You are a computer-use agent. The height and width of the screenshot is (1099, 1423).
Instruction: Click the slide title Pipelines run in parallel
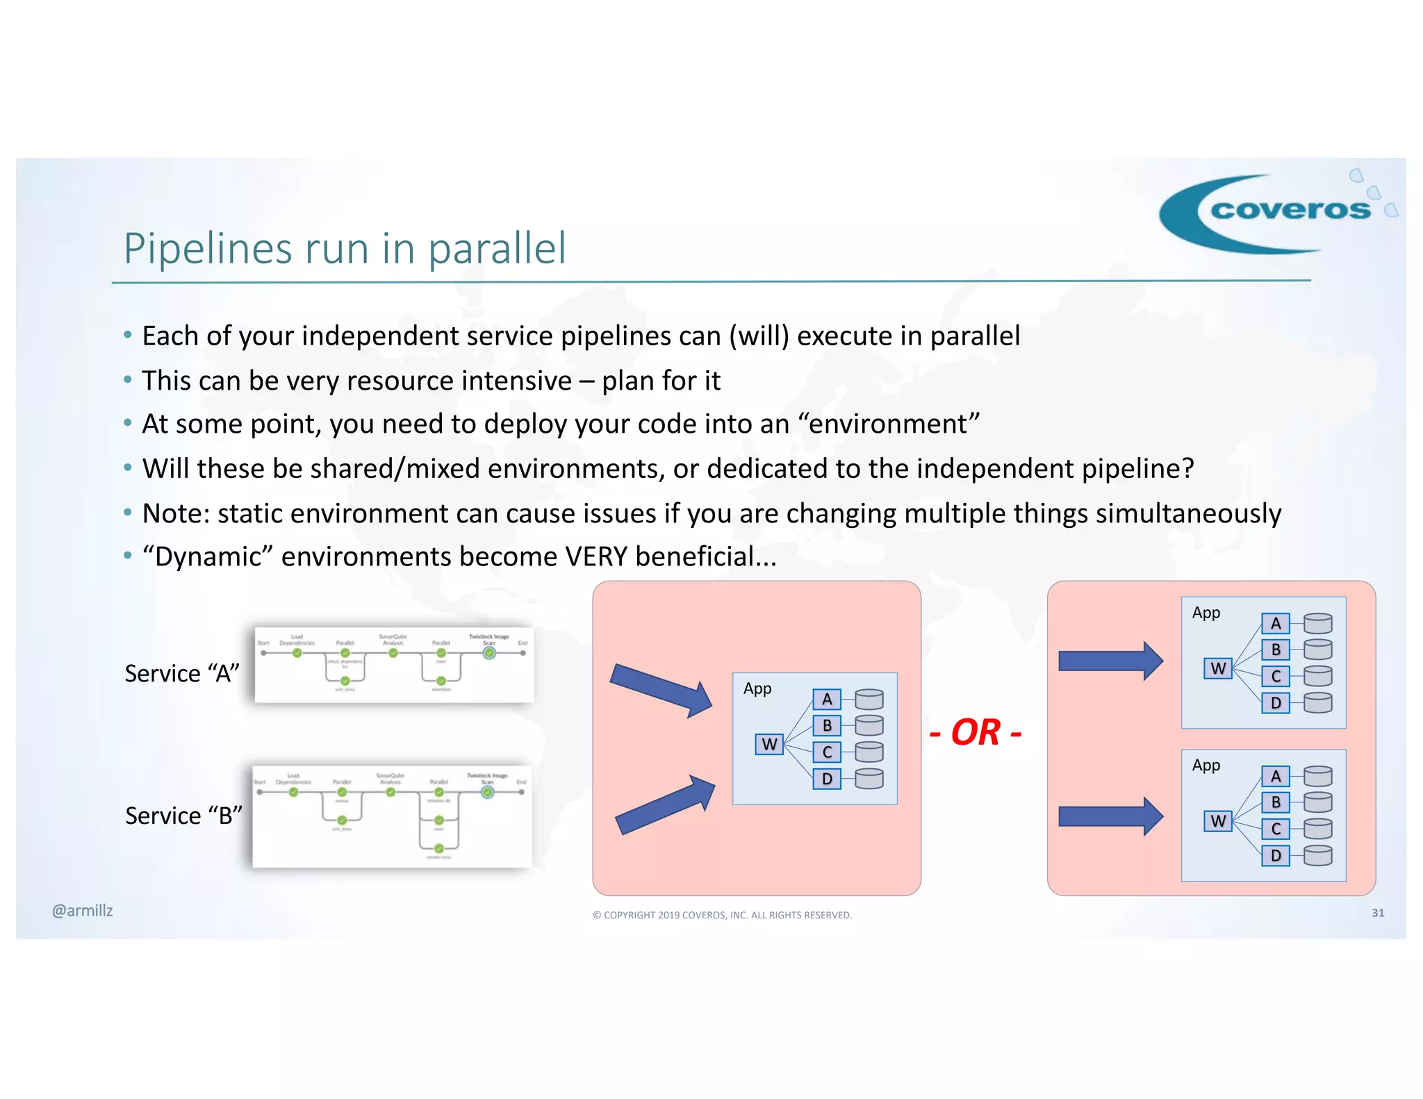[x=345, y=248]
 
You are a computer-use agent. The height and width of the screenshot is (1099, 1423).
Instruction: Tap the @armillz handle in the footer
[x=82, y=910]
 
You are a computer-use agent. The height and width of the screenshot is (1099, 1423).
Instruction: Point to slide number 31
[x=1377, y=913]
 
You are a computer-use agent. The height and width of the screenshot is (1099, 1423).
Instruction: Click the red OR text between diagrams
[x=975, y=732]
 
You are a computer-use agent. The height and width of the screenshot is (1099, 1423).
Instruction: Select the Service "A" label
[x=181, y=673]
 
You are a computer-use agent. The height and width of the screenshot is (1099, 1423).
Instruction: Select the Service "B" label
[x=183, y=815]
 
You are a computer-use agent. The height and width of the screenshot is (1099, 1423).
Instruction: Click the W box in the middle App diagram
[x=769, y=744]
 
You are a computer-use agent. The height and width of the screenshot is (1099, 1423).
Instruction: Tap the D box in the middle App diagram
[x=827, y=779]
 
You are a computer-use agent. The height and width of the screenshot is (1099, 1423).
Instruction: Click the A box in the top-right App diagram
[x=1275, y=623]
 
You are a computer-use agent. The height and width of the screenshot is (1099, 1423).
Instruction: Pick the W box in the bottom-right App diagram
[x=1217, y=821]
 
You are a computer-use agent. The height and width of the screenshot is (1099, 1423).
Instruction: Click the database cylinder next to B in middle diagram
[x=869, y=725]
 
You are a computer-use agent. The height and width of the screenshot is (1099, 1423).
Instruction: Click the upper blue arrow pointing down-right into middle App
[x=661, y=690]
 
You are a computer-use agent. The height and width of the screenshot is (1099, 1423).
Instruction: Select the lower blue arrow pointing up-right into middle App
[x=666, y=806]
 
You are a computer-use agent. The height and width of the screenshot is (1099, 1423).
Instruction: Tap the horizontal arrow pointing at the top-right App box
[x=1110, y=661]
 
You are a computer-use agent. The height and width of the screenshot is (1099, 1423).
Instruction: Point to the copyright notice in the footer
[x=722, y=915]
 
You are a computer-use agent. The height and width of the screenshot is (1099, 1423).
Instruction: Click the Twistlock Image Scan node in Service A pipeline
[x=489, y=653]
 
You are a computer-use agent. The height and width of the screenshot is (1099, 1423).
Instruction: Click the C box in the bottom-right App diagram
[x=1275, y=829]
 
